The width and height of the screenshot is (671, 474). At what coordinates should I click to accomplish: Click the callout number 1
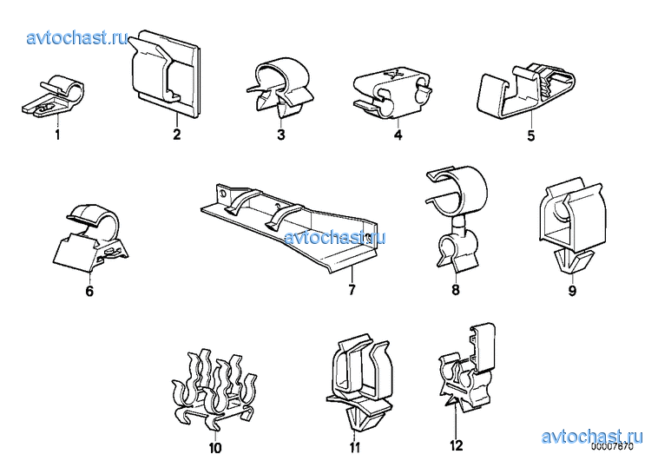click(x=57, y=135)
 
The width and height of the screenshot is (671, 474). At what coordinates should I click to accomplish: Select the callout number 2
click(x=177, y=135)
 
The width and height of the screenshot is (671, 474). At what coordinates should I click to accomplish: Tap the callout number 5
click(x=530, y=135)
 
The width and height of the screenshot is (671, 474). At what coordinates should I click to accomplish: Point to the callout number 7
click(x=352, y=290)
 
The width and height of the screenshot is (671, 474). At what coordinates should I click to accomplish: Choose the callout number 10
click(x=215, y=448)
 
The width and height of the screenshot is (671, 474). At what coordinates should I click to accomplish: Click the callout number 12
click(x=457, y=445)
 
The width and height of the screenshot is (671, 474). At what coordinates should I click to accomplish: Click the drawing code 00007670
click(x=612, y=446)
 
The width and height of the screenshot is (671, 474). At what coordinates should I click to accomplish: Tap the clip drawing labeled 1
click(x=53, y=96)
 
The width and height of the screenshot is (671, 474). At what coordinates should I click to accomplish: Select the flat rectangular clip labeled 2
click(x=165, y=73)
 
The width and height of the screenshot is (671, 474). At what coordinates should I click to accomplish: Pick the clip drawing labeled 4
click(x=392, y=92)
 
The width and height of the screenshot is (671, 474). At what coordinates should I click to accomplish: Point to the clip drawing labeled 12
click(x=467, y=369)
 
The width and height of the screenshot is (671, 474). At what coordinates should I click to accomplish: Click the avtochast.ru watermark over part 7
click(x=335, y=237)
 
